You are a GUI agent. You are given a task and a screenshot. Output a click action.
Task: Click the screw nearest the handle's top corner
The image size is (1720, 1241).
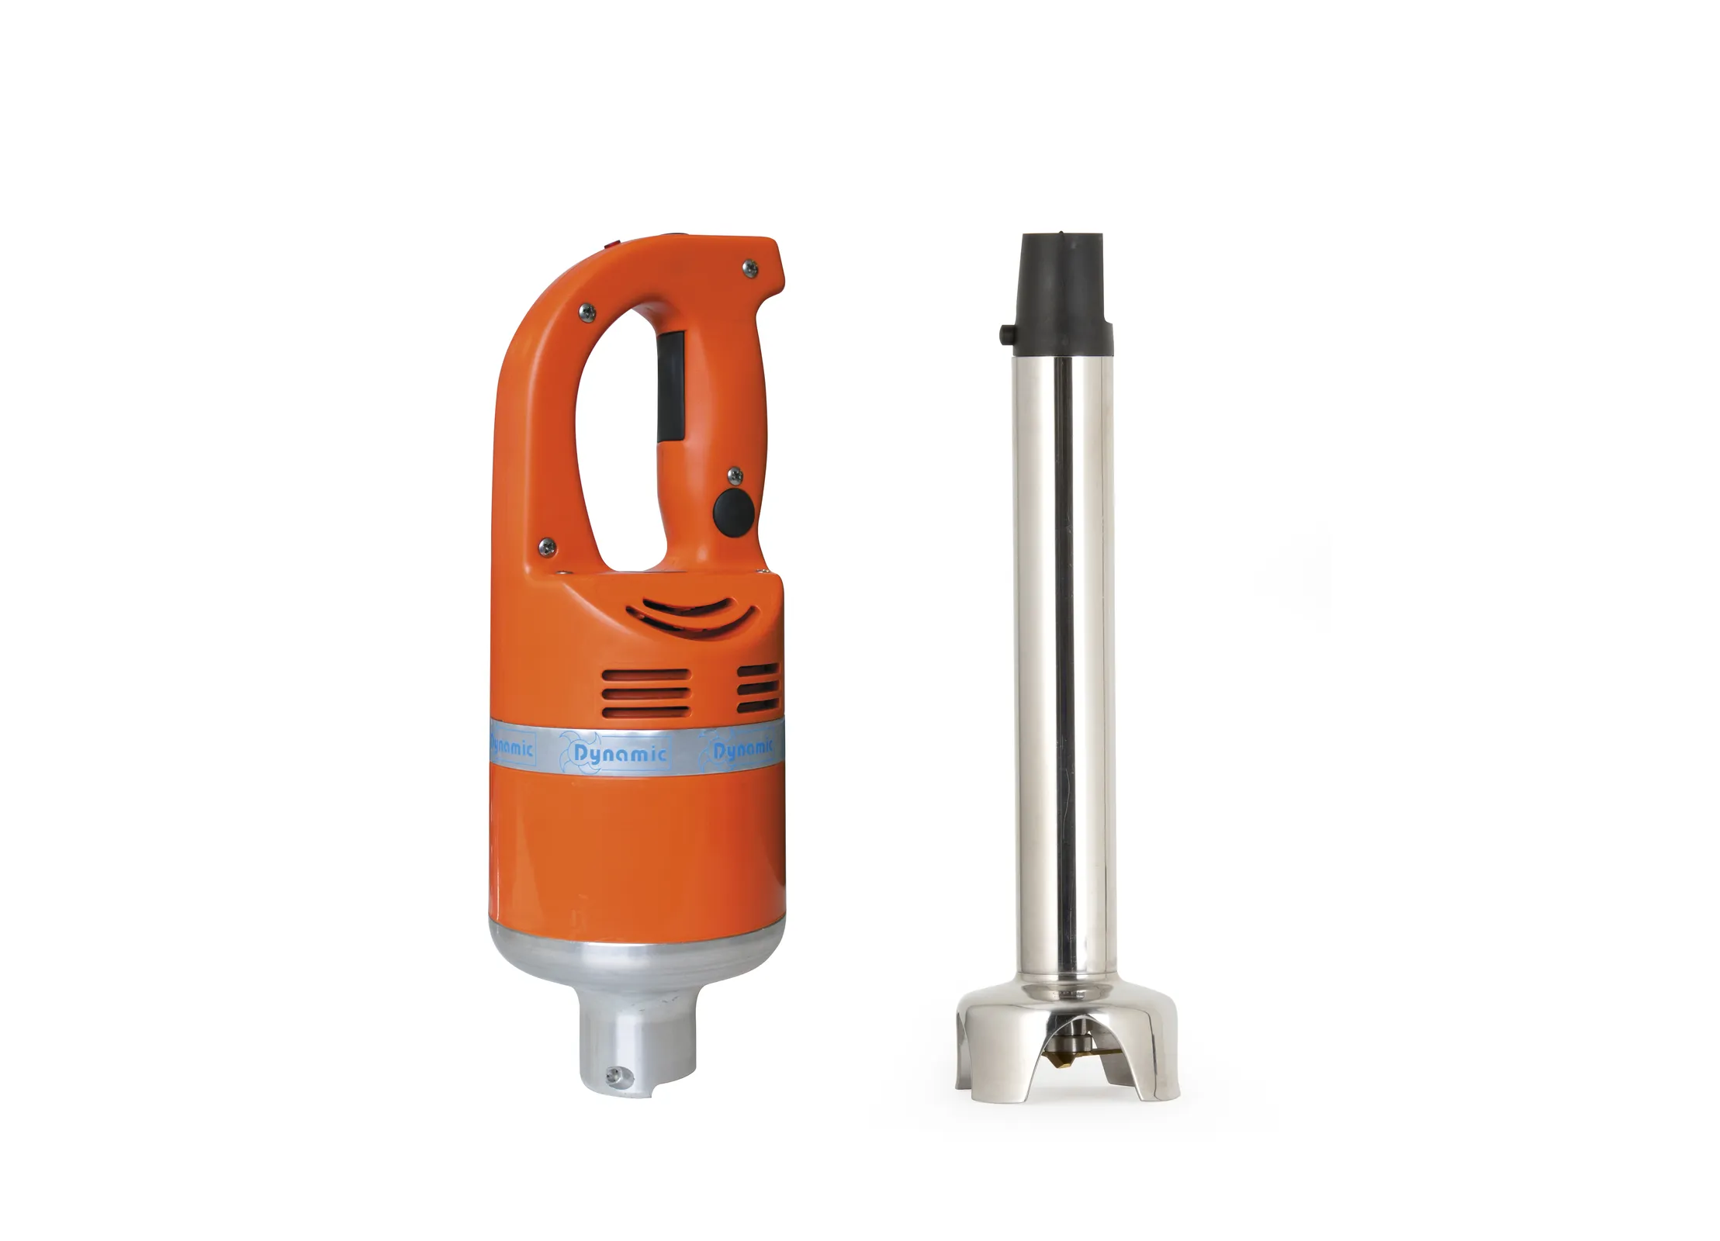[x=749, y=267]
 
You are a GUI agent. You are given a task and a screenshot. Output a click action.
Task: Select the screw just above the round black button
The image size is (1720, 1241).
[x=732, y=474]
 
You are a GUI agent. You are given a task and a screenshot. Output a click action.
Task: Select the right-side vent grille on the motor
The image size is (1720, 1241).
[x=759, y=690]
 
